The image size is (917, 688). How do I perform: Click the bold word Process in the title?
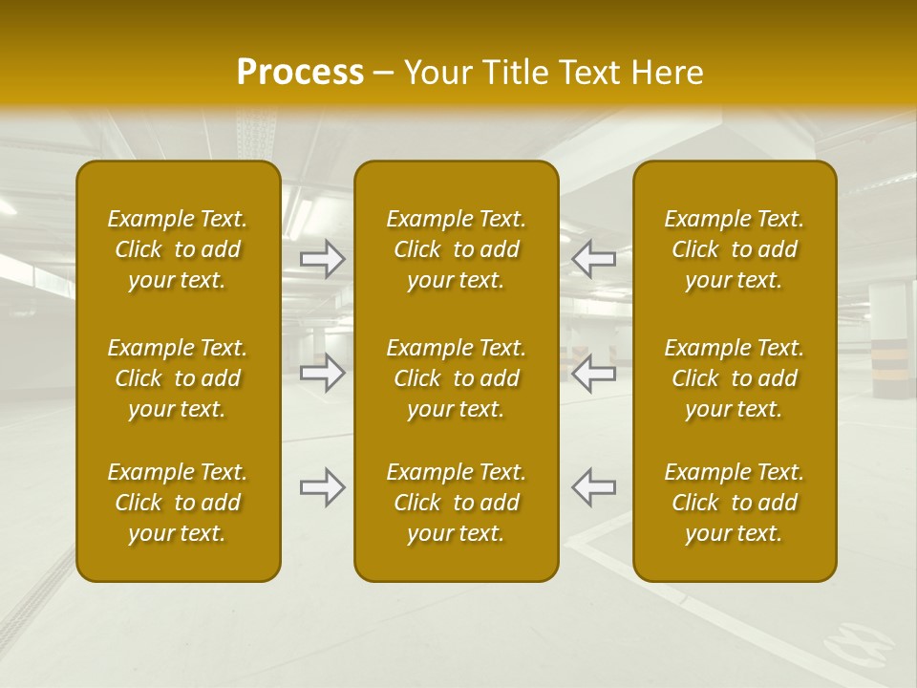click(300, 73)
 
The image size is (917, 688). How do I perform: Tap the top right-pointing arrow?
click(322, 258)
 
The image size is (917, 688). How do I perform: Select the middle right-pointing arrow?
click(322, 373)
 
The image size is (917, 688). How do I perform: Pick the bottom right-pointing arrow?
click(322, 487)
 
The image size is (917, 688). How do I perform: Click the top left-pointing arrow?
click(593, 258)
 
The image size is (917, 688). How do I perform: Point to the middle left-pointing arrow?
click(593, 373)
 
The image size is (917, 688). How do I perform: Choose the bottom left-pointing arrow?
click(593, 487)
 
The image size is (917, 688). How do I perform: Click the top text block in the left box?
click(178, 249)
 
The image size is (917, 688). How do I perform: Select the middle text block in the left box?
click(178, 378)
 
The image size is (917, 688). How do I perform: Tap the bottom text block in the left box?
click(178, 503)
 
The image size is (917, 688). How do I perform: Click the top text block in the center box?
click(456, 249)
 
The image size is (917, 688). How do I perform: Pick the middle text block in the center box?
click(456, 378)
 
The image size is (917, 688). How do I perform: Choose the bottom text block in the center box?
click(456, 503)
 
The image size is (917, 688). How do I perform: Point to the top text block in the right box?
click(734, 249)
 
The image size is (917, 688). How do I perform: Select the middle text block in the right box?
click(734, 378)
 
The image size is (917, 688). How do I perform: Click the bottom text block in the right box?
click(734, 503)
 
